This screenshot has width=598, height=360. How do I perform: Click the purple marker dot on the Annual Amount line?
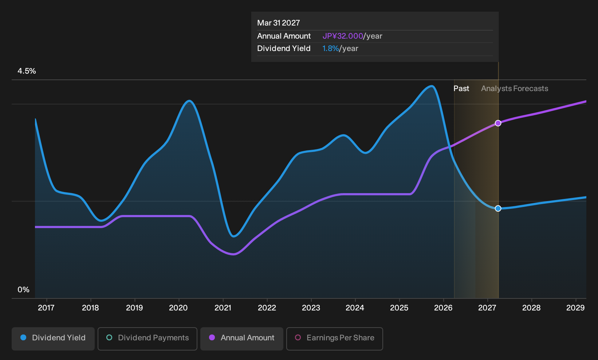click(x=498, y=123)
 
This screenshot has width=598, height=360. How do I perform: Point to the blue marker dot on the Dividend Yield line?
click(x=498, y=208)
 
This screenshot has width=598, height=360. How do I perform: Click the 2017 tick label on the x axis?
click(x=46, y=308)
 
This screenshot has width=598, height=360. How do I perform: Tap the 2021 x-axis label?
click(x=223, y=308)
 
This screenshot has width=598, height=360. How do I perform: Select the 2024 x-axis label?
click(x=355, y=308)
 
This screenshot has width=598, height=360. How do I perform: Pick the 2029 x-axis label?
click(x=575, y=308)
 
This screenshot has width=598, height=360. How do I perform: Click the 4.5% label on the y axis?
click(x=27, y=71)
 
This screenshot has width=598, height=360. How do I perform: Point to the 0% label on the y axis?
click(x=24, y=290)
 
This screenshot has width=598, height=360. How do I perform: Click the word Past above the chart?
click(x=461, y=89)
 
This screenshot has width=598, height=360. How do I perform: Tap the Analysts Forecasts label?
click(x=515, y=89)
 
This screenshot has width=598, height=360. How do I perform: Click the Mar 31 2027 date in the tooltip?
click(x=279, y=23)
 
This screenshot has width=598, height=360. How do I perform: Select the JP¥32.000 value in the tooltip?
click(x=343, y=36)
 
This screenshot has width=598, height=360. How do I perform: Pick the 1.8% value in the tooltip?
click(x=330, y=48)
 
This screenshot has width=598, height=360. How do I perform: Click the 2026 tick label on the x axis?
click(x=444, y=308)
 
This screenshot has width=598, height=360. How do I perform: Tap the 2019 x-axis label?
click(x=134, y=308)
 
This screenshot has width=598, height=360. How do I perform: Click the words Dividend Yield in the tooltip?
click(x=284, y=48)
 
